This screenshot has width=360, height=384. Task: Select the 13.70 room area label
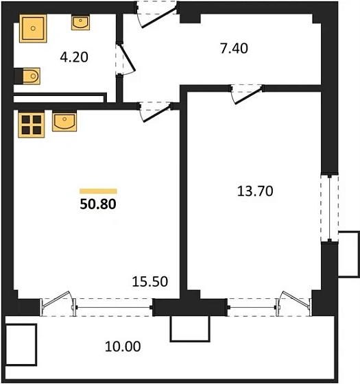pos(254,191)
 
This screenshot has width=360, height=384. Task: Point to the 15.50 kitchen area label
pos(149,281)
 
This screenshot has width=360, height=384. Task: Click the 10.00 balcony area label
pos(123,346)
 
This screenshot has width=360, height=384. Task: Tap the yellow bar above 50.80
pos(98,191)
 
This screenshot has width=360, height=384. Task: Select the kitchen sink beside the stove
pos(65,123)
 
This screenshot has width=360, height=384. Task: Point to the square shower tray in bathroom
pos(32,28)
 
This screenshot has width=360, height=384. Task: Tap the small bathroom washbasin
pos(80,23)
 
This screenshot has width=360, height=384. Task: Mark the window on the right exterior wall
pos(329,206)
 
